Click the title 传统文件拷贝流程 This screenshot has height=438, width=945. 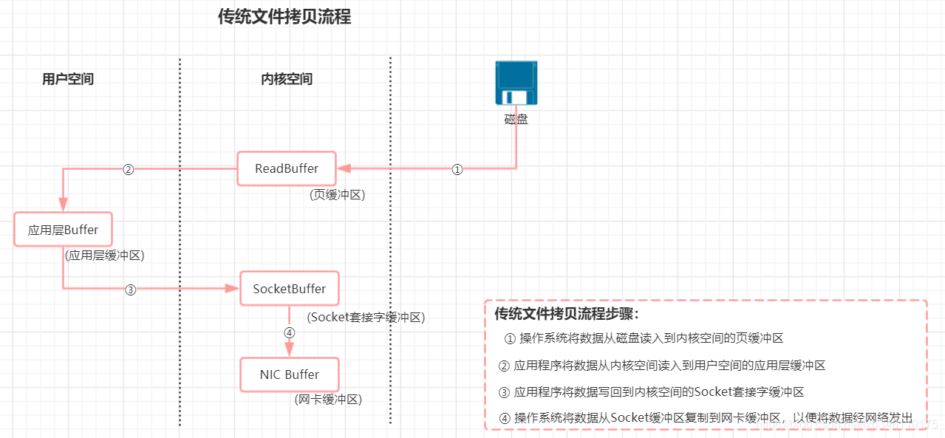[284, 17]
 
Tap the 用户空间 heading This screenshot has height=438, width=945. [68, 79]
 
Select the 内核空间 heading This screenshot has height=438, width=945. [287, 79]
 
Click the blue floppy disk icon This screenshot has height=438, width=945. [516, 83]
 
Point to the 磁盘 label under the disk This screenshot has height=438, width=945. [516, 119]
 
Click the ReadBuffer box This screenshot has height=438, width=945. [287, 168]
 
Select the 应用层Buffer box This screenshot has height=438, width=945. [63, 230]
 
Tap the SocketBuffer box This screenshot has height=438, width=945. [290, 289]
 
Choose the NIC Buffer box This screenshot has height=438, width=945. [290, 374]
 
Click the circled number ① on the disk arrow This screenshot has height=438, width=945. [457, 169]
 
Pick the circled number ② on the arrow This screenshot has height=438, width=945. [128, 169]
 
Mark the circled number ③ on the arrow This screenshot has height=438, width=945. [131, 290]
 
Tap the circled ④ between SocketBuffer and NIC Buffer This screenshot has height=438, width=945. [290, 332]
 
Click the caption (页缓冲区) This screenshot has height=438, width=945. [338, 195]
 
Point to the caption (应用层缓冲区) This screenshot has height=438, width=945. [104, 256]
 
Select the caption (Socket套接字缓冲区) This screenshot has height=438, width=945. [366, 317]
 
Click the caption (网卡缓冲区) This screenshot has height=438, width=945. [327, 400]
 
